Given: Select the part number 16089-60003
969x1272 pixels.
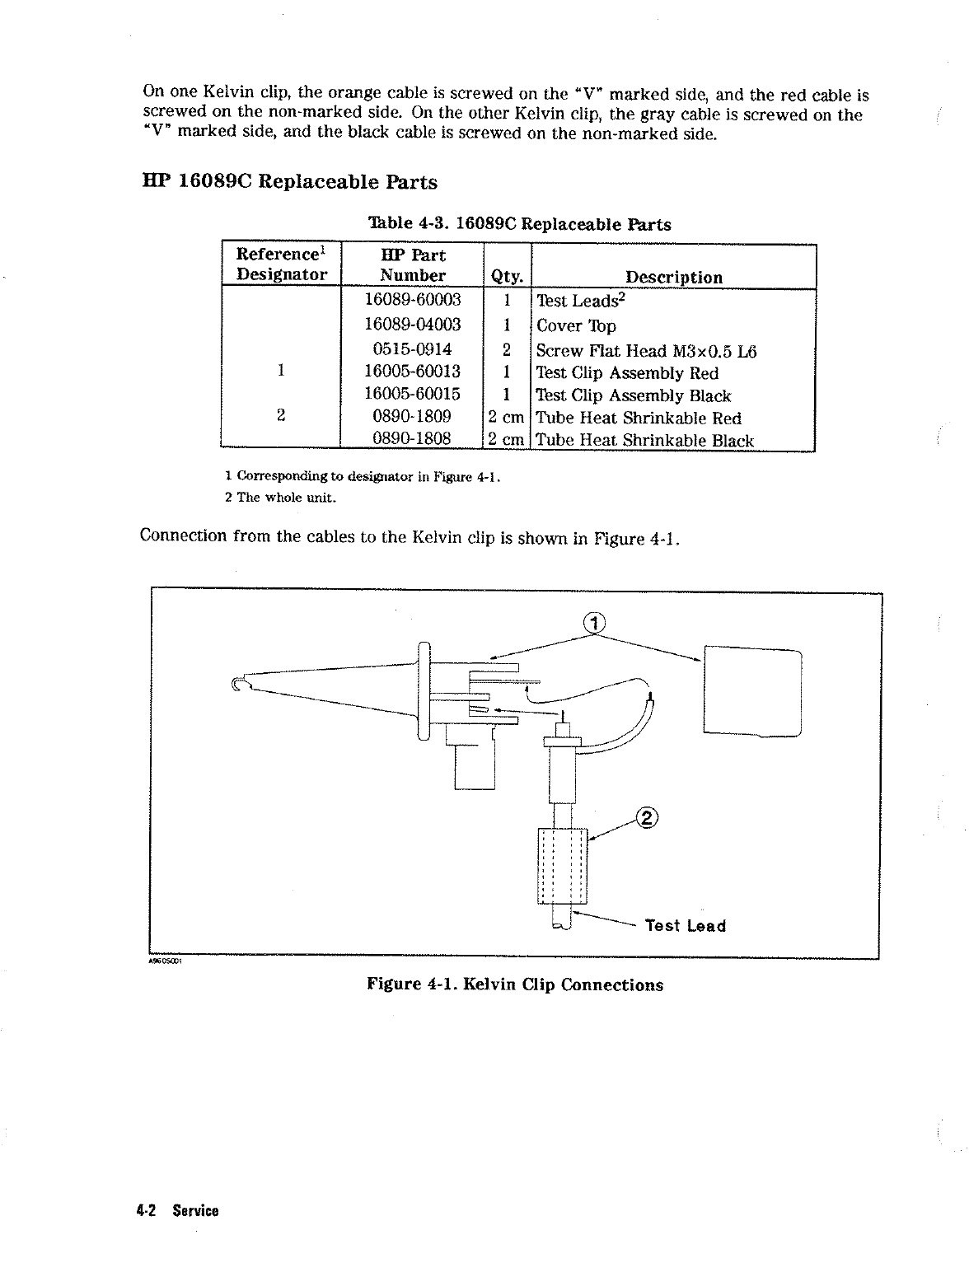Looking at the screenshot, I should [413, 299].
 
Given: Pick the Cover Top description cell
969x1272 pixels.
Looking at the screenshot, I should [576, 326].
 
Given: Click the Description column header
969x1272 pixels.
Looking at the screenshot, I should [673, 277].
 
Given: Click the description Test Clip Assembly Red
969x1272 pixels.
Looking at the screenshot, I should [627, 373].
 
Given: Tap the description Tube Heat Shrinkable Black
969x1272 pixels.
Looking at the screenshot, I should [644, 441].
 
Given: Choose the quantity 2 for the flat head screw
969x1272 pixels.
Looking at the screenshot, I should [507, 350].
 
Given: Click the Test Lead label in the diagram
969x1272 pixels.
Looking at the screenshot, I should [685, 926].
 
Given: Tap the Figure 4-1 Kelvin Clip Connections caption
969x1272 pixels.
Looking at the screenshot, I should [515, 984].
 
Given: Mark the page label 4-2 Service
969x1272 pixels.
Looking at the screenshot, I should [178, 1210].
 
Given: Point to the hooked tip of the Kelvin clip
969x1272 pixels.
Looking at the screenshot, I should [240, 683].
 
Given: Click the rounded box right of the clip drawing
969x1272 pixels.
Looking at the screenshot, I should [752, 691].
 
